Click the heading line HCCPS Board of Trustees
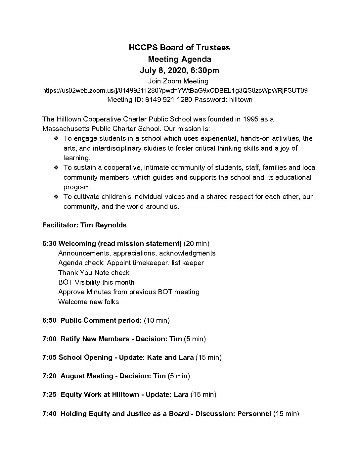click(179, 48)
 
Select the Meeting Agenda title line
click(179, 59)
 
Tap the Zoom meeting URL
click(175, 90)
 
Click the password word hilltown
click(241, 100)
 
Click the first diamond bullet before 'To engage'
click(56, 138)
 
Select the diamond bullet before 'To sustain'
click(56, 168)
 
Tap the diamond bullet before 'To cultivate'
click(56, 197)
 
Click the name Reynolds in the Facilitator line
click(111, 225)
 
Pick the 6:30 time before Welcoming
click(49, 244)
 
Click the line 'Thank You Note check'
click(94, 273)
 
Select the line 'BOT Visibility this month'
click(96, 282)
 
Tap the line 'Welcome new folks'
click(88, 302)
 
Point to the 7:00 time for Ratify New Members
click(49, 339)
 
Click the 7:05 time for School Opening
click(49, 357)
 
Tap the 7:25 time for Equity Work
click(49, 395)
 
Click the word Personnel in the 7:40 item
click(254, 414)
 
